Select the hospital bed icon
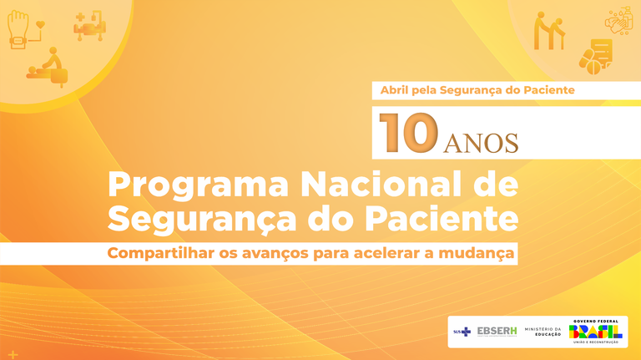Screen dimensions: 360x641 [x=89, y=26]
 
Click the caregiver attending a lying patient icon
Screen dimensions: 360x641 [x=50, y=67]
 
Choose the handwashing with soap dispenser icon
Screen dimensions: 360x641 [x=618, y=21]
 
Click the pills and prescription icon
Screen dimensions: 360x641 [x=595, y=55]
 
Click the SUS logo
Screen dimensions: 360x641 [x=462, y=332]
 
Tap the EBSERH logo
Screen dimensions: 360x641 [x=497, y=332]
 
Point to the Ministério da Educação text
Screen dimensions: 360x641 [x=543, y=332]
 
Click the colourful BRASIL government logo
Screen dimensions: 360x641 [x=595, y=332]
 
